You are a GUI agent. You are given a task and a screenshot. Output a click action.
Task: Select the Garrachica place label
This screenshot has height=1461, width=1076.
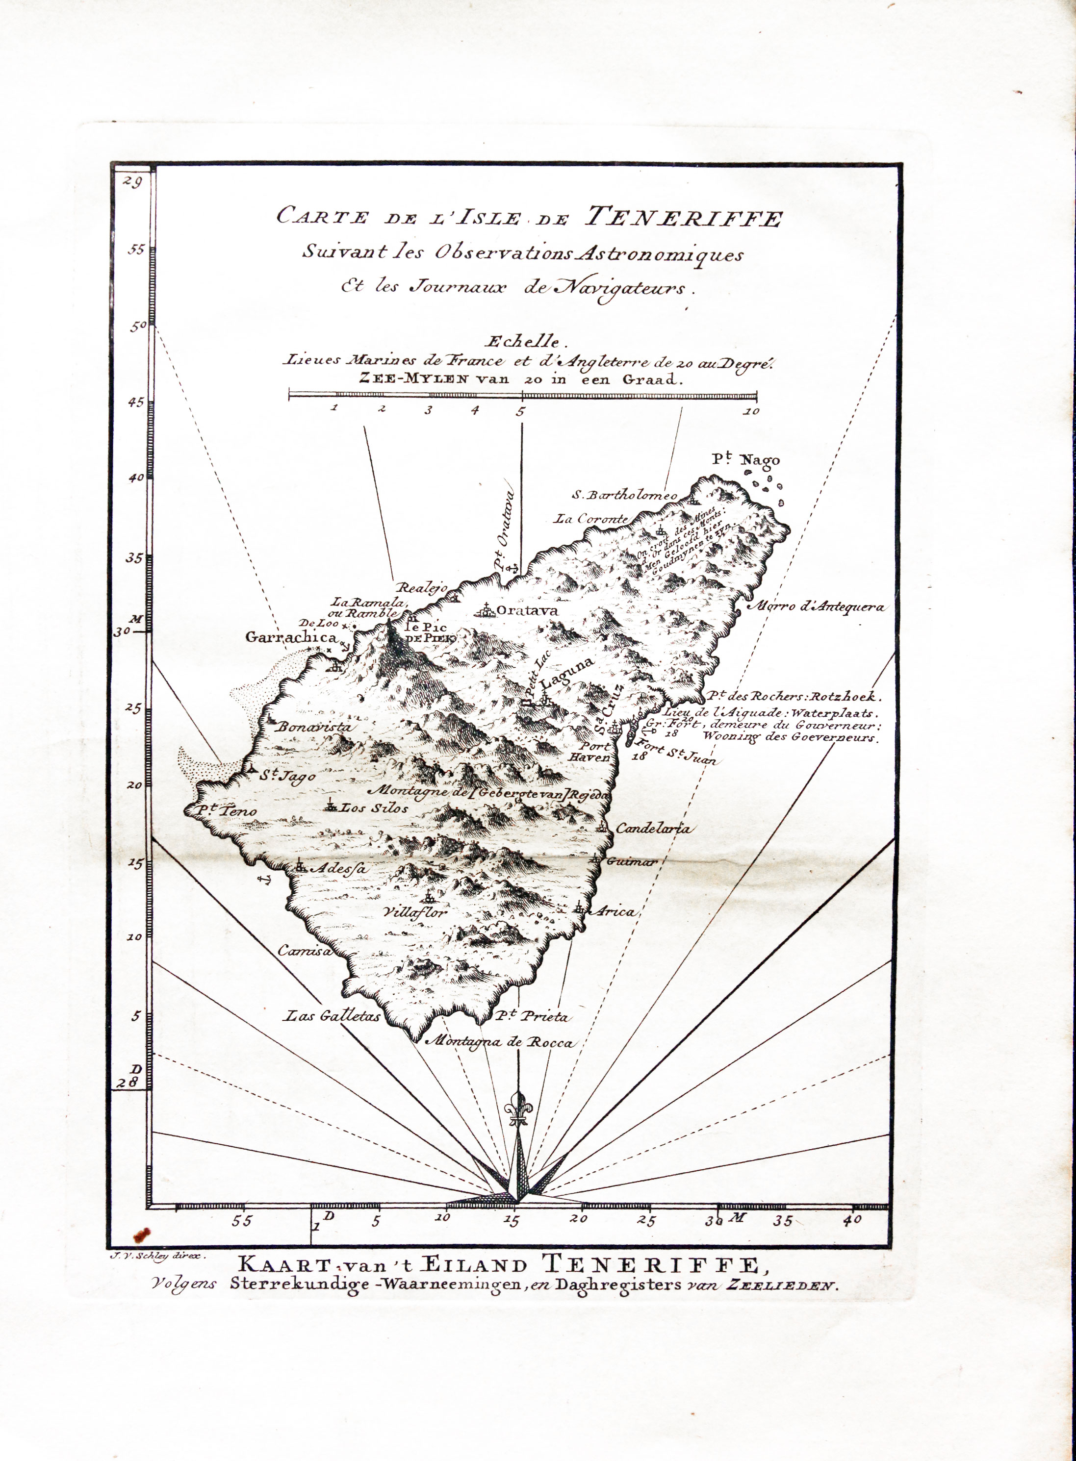click(x=291, y=637)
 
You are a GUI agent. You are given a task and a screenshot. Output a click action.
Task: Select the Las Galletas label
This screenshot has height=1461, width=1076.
click(x=332, y=1016)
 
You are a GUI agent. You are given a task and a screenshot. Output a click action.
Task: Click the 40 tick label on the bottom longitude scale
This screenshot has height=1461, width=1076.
click(x=851, y=1221)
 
